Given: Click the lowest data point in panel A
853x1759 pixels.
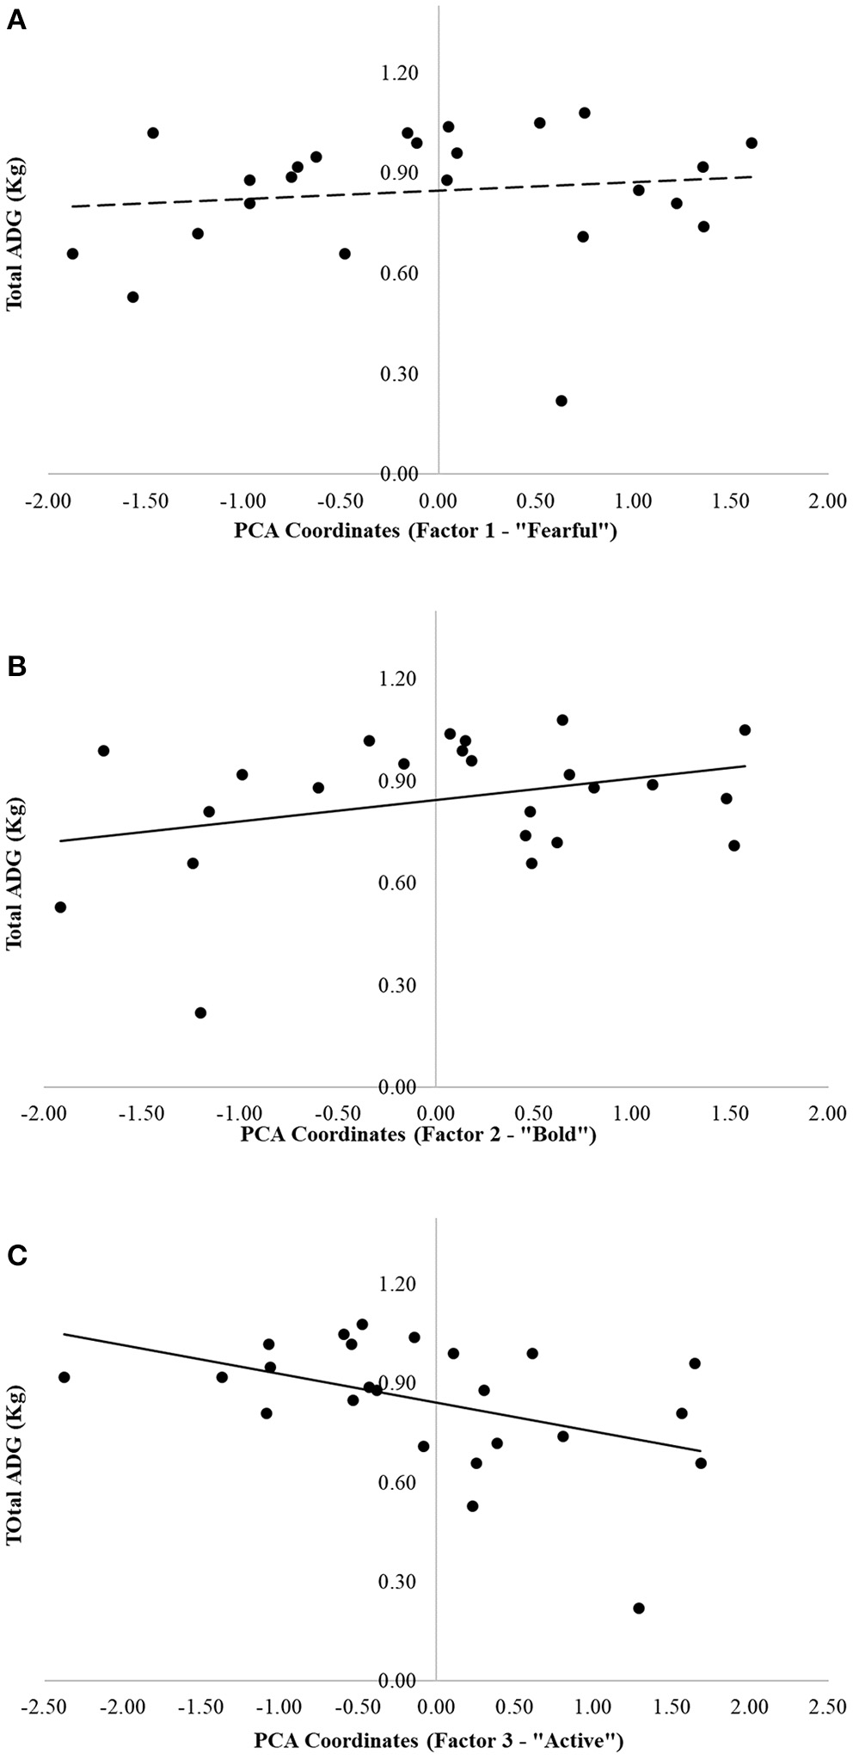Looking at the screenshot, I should [562, 401].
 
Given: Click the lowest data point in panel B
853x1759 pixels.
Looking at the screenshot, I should [200, 1012].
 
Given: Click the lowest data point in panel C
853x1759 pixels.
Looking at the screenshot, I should [638, 1608].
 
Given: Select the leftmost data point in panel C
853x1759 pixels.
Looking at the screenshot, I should [64, 1377].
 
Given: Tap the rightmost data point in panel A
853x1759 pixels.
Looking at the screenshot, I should [752, 143].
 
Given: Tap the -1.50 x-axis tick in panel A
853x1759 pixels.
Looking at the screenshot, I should [144, 501].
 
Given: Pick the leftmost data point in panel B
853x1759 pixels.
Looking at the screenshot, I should [60, 907].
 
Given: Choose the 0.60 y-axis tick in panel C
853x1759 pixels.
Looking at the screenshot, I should [397, 1483].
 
